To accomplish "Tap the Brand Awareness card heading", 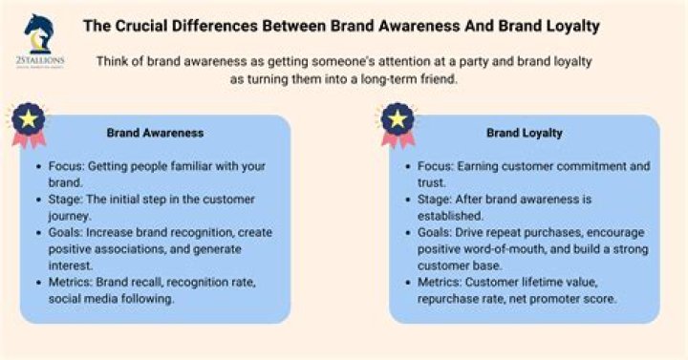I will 155,133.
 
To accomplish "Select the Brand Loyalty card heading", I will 524,133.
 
